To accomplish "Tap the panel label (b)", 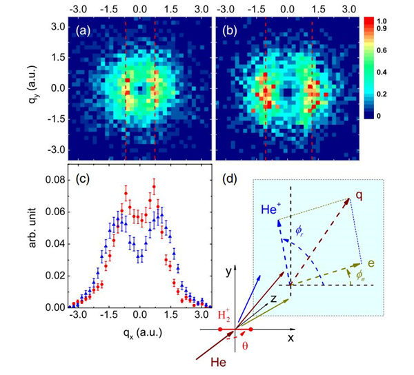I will coord(229,30).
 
